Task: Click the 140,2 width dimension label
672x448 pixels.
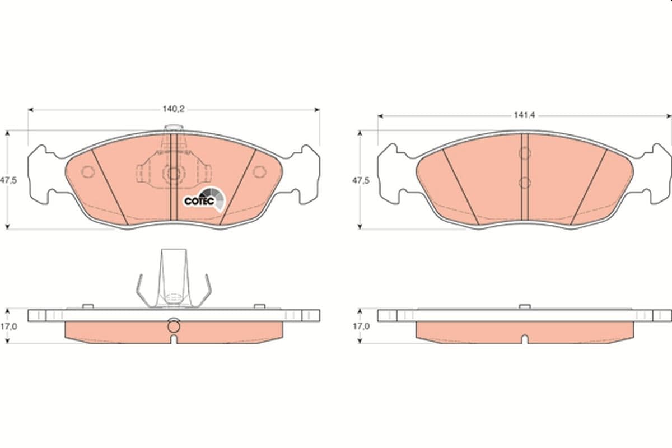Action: click(x=174, y=109)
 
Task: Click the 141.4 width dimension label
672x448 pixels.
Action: click(x=524, y=115)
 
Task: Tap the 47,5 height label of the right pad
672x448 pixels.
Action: click(x=361, y=181)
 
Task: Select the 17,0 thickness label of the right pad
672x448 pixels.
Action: click(x=361, y=326)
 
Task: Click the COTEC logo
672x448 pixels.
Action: click(x=204, y=199)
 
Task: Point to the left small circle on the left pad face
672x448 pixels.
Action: click(x=88, y=172)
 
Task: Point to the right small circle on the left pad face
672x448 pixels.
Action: click(x=259, y=172)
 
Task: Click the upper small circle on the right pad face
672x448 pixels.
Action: click(x=524, y=153)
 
